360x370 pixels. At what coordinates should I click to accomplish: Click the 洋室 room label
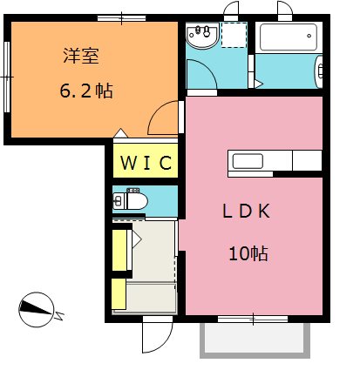pos(81,56)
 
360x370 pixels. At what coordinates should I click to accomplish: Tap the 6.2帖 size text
pos(86,91)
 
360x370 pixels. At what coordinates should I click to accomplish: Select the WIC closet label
pos(146,163)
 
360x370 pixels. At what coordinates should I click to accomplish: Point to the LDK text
pos(247,211)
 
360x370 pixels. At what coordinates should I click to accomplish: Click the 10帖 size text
pos(248,253)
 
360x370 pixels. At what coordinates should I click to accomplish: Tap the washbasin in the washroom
pos(202,36)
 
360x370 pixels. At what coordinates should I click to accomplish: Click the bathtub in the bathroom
pos(289,37)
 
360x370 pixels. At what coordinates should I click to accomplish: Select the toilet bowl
pos(131,200)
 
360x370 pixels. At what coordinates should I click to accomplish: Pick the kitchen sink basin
pos(248,161)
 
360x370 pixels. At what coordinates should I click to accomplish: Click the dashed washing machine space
pos(234,35)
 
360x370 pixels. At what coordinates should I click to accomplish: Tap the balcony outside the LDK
pos(255,340)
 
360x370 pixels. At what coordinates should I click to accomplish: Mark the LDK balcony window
pos(253,319)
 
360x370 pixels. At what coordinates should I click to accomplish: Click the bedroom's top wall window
pos(121,18)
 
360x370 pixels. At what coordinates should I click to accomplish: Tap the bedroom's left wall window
pos(7,77)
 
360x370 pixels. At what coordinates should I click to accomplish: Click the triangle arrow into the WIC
pos(120,133)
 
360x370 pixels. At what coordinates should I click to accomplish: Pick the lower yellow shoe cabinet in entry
pos(119,293)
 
